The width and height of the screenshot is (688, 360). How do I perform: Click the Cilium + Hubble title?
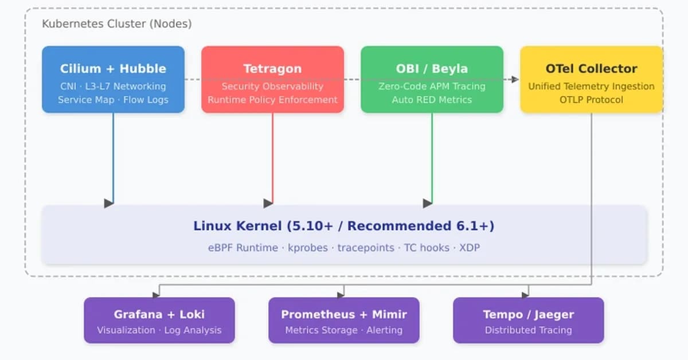pyautogui.click(x=113, y=69)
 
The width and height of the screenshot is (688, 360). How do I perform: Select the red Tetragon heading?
pyautogui.click(x=272, y=69)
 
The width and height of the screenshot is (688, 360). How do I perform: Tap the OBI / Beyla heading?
pyautogui.click(x=432, y=69)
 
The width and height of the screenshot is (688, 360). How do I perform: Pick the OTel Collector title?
pyautogui.click(x=591, y=69)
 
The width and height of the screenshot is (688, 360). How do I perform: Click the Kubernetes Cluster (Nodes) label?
pyautogui.click(x=117, y=24)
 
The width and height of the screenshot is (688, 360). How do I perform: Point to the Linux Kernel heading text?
pyautogui.click(x=343, y=226)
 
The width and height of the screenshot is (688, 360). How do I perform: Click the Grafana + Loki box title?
pyautogui.click(x=159, y=314)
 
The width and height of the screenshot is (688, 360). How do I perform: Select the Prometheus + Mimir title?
pyautogui.click(x=343, y=314)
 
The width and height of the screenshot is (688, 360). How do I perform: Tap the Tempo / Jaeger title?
pyautogui.click(x=528, y=314)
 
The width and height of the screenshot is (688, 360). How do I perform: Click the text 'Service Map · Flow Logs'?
pyautogui.click(x=113, y=100)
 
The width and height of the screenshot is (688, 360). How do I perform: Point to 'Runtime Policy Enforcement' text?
pyautogui.click(x=272, y=100)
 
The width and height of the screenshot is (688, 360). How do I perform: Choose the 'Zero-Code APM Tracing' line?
pyautogui.click(x=432, y=87)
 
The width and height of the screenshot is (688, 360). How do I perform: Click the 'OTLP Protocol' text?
pyautogui.click(x=591, y=100)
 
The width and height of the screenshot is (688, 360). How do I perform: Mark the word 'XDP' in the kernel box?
pyautogui.click(x=470, y=248)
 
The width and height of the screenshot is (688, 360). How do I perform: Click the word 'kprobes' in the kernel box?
pyautogui.click(x=308, y=248)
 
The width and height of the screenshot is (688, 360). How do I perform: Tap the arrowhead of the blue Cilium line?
pyautogui.click(x=108, y=203)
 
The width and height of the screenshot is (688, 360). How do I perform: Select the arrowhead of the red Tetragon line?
pyautogui.click(x=268, y=203)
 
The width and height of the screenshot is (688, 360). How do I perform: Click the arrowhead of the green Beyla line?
pyautogui.click(x=427, y=203)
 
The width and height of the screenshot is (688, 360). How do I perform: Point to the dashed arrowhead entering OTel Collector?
pyautogui.click(x=514, y=80)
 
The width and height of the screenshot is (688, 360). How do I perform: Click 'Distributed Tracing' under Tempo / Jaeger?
pyautogui.click(x=528, y=330)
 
